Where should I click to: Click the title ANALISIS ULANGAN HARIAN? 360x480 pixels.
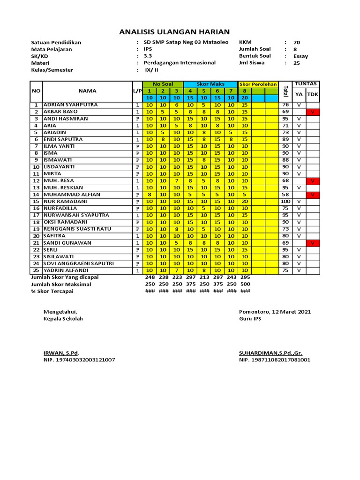pyautogui.click(x=174, y=32)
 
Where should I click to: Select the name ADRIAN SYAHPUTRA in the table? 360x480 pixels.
pyautogui.click(x=71, y=105)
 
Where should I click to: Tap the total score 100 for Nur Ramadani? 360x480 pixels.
pyautogui.click(x=285, y=201)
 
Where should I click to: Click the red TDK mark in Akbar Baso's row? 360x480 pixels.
pyautogui.click(x=313, y=112)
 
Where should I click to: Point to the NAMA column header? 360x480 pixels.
pyautogui.click(x=87, y=90)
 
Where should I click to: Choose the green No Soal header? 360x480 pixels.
pyautogui.click(x=162, y=84)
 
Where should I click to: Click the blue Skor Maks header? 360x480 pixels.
pyautogui.click(x=210, y=84)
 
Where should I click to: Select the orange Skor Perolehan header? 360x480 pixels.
pyautogui.click(x=258, y=84)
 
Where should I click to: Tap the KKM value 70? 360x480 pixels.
pyautogui.click(x=297, y=43)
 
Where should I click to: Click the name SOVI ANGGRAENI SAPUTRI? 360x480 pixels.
pyautogui.click(x=79, y=263)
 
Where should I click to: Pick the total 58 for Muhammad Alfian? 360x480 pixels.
pyautogui.click(x=285, y=194)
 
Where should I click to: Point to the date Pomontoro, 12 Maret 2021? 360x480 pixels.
pyautogui.click(x=275, y=312)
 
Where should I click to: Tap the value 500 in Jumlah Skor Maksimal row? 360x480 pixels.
pyautogui.click(x=245, y=284)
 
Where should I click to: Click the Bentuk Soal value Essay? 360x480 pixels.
pyautogui.click(x=300, y=56)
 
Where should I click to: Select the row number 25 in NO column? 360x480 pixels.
pyautogui.click(x=36, y=270)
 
